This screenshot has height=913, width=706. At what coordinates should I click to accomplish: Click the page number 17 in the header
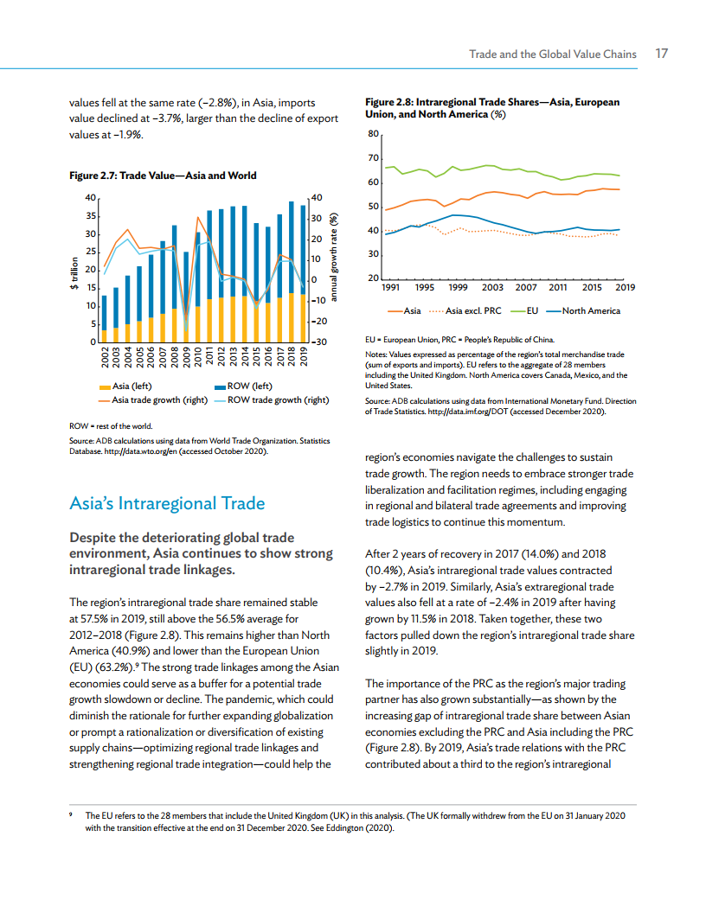[661, 54]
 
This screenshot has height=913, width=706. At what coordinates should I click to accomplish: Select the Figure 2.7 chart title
[163, 176]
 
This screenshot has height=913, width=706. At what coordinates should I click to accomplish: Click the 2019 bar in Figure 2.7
[302, 273]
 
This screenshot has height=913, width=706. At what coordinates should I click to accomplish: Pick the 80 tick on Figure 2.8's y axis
[373, 134]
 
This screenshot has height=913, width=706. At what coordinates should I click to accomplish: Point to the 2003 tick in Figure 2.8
[492, 287]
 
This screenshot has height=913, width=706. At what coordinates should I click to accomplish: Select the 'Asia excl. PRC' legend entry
[472, 310]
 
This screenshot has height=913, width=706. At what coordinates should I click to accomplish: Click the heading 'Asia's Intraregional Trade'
[167, 503]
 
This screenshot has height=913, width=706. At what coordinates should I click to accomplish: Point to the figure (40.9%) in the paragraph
[126, 651]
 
